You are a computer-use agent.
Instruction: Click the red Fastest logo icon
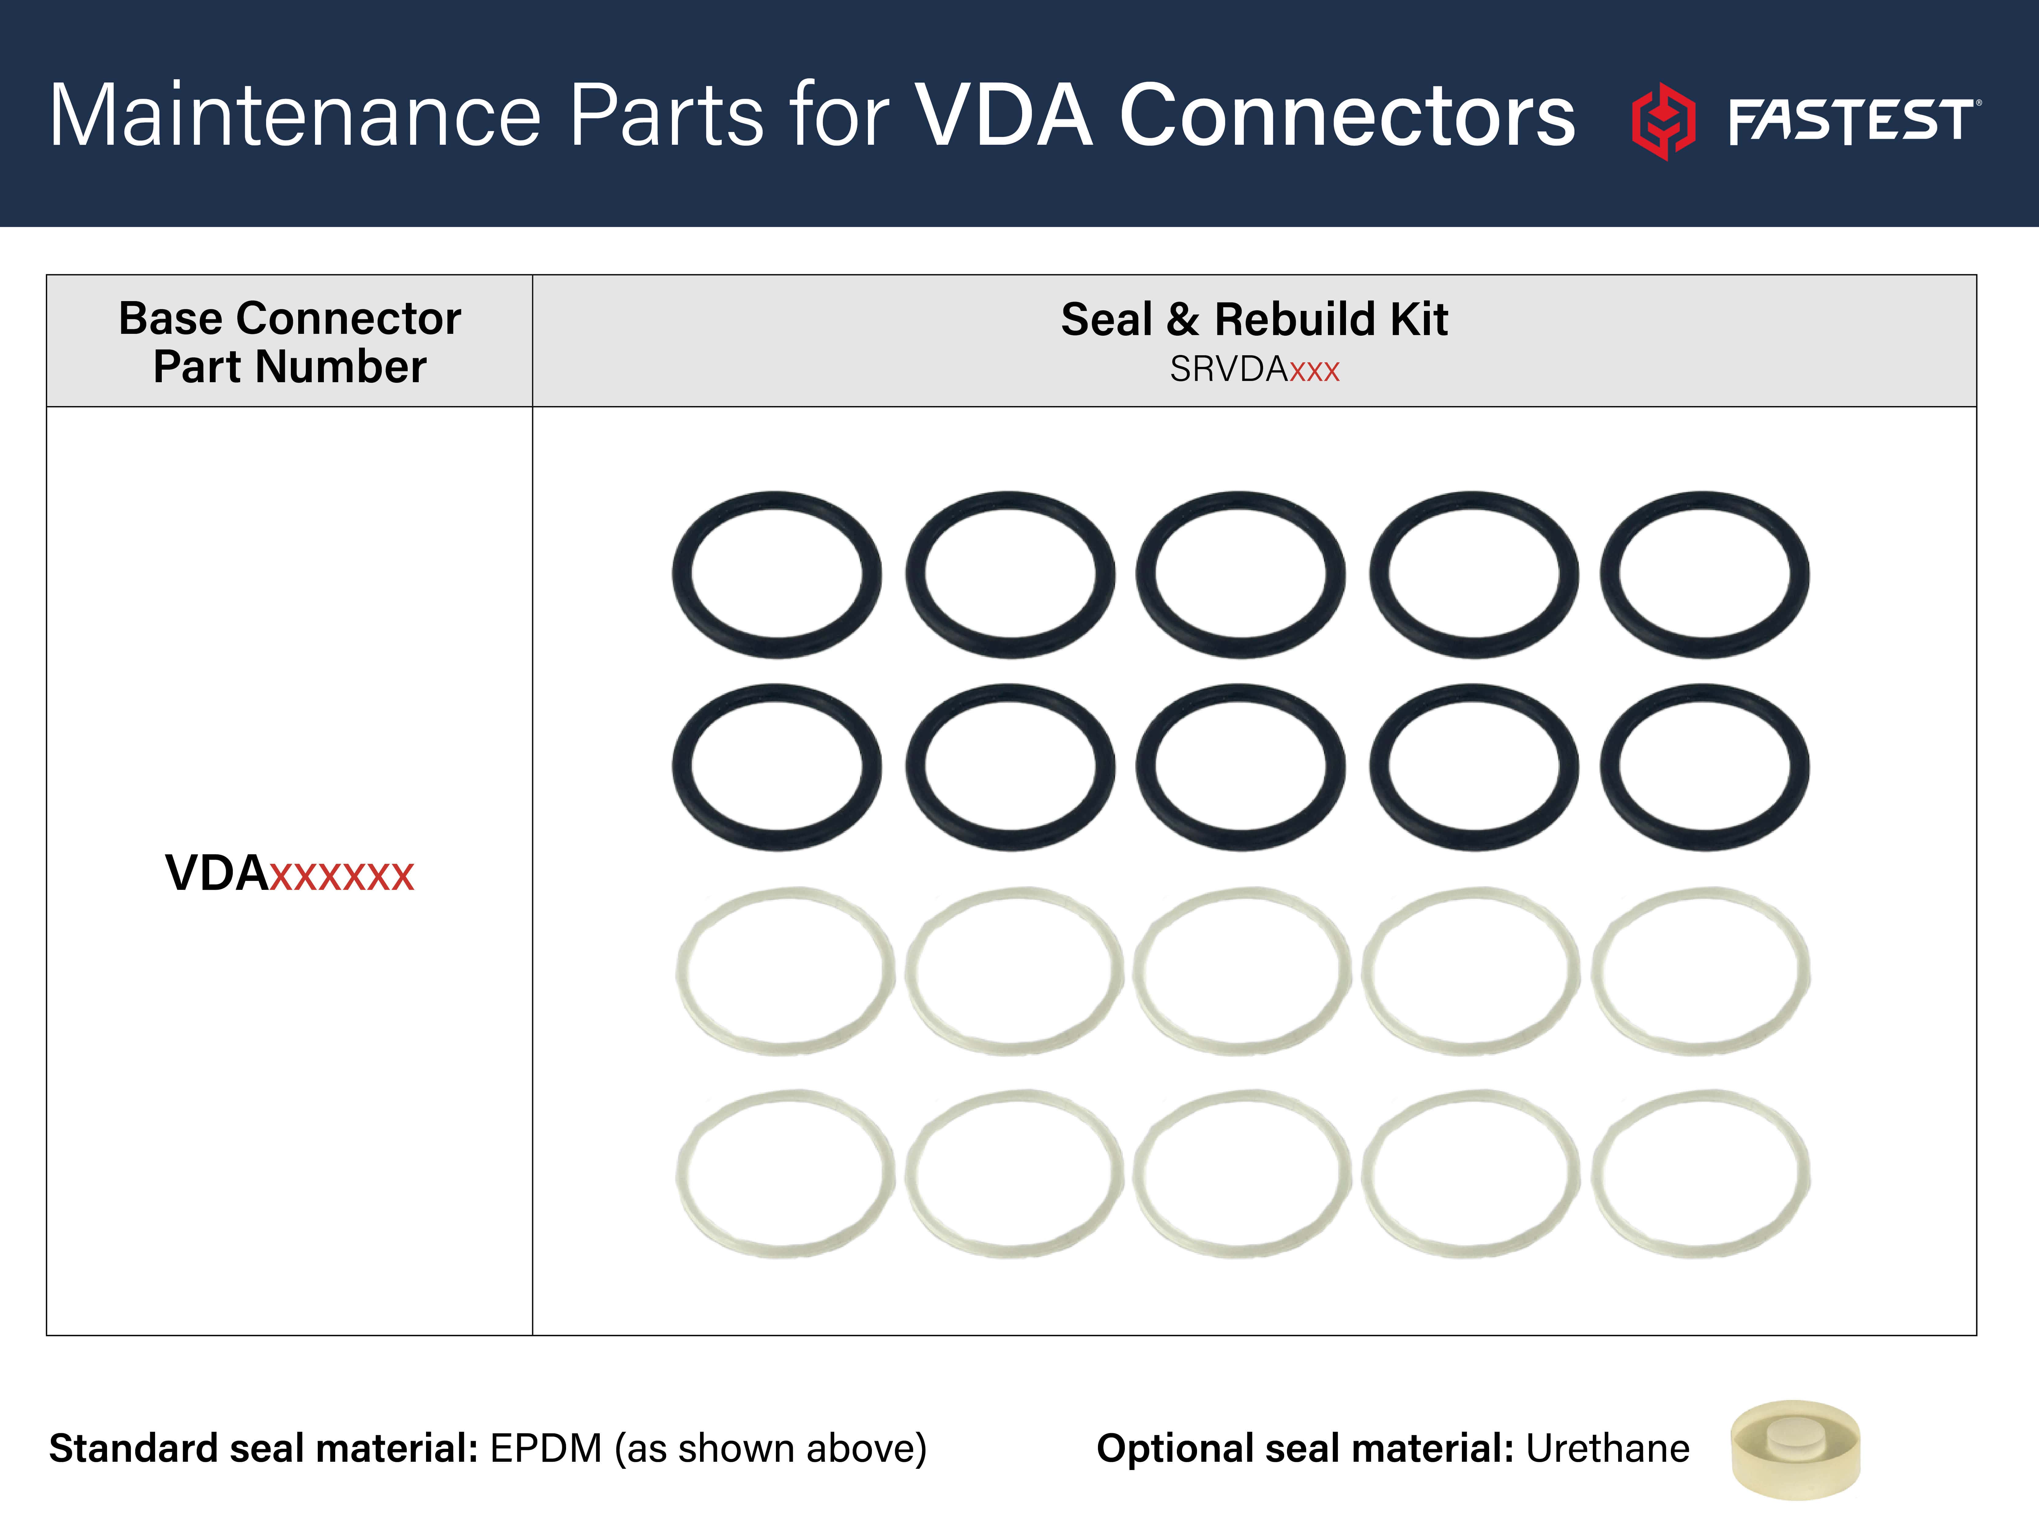(1663, 121)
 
